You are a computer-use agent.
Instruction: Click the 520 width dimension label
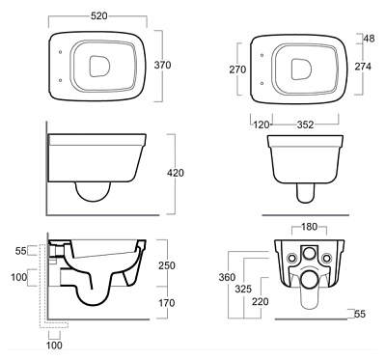[x=98, y=15]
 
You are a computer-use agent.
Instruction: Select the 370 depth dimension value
[x=162, y=65]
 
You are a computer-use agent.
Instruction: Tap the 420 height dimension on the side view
[x=176, y=173]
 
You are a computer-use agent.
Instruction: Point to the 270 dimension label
[x=237, y=69]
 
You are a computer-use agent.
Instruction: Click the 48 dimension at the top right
[x=369, y=39]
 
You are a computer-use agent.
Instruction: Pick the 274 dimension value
[x=363, y=67]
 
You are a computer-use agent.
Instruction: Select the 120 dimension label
[x=261, y=125]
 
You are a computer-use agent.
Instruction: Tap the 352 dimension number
[x=305, y=125]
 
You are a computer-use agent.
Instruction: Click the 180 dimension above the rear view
[x=309, y=227]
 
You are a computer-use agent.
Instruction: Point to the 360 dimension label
[x=227, y=277]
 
